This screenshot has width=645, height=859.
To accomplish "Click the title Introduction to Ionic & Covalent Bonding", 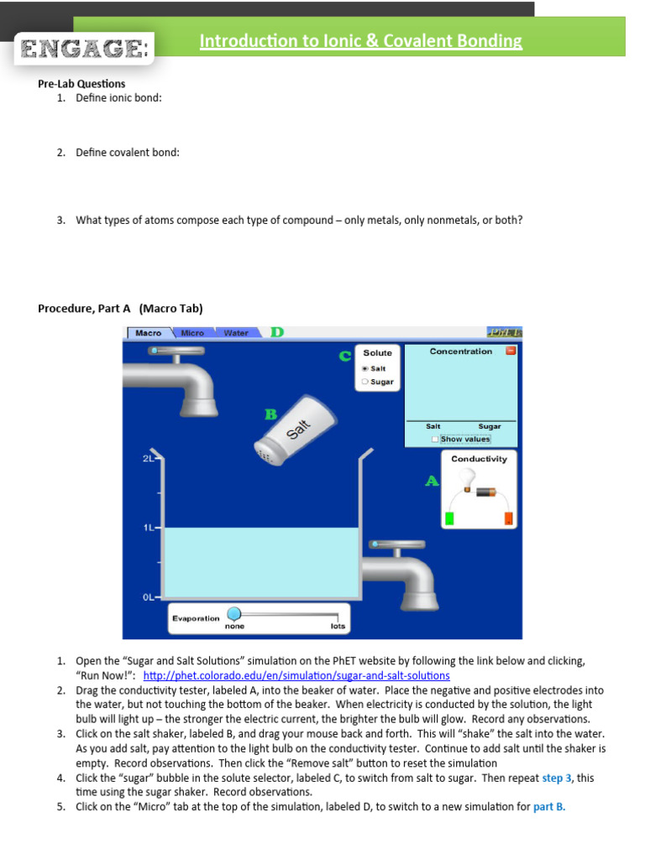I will point(360,41).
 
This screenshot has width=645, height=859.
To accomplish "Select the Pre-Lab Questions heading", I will point(81,84).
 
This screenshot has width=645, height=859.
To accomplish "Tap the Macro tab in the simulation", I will point(149,333).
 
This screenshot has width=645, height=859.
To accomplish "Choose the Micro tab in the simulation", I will point(192,333).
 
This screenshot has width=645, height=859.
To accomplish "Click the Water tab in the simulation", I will point(236,333).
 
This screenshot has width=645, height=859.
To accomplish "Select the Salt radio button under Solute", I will point(365,368).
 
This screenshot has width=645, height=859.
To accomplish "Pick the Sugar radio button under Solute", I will point(365,382).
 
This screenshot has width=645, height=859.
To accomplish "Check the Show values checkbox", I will point(434,439).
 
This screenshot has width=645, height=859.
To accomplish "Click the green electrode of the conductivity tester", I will point(450,518).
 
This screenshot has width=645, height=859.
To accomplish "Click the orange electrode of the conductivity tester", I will point(508,518).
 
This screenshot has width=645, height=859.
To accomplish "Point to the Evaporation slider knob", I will point(234,614).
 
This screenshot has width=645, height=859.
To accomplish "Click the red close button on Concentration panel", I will point(510,351).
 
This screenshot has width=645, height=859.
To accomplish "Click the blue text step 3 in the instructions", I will point(557,778).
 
